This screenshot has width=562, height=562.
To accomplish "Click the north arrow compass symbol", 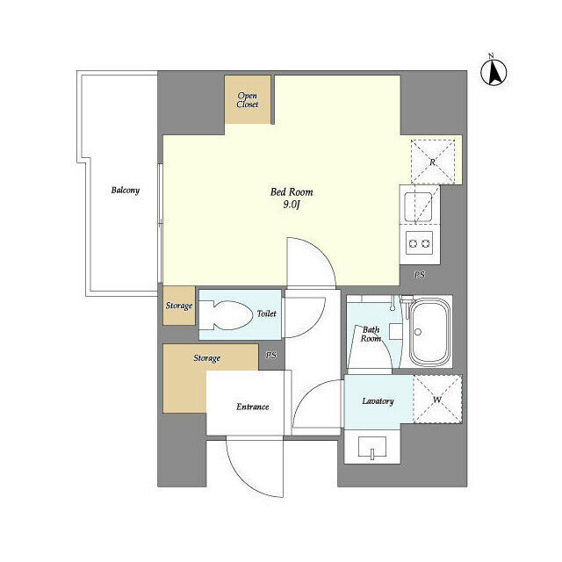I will pyautogui.click(x=493, y=71).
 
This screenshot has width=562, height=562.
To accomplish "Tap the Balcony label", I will pyautogui.click(x=125, y=190).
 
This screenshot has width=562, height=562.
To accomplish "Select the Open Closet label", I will pyautogui.click(x=248, y=99).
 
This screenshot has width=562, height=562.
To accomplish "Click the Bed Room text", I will pyautogui.click(x=291, y=192).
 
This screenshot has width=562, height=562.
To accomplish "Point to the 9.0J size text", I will pyautogui.click(x=291, y=205).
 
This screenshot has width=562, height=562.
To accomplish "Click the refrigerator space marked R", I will pyautogui.click(x=433, y=161).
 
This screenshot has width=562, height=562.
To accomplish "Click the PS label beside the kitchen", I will pyautogui.click(x=419, y=275).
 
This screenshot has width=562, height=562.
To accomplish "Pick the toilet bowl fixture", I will pyautogui.click(x=225, y=314).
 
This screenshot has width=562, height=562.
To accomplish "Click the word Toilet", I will pyautogui.click(x=266, y=313).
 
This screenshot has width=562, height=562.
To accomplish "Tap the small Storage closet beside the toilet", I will pyautogui.click(x=178, y=306).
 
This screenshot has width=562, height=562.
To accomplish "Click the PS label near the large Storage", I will pyautogui.click(x=271, y=356).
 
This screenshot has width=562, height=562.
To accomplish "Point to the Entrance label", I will pyautogui.click(x=252, y=407).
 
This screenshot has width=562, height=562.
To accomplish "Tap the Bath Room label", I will pyautogui.click(x=371, y=335).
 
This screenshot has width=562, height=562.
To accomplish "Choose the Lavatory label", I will pyautogui.click(x=378, y=401).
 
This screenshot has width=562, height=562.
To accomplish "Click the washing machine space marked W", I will pyautogui.click(x=436, y=400).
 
